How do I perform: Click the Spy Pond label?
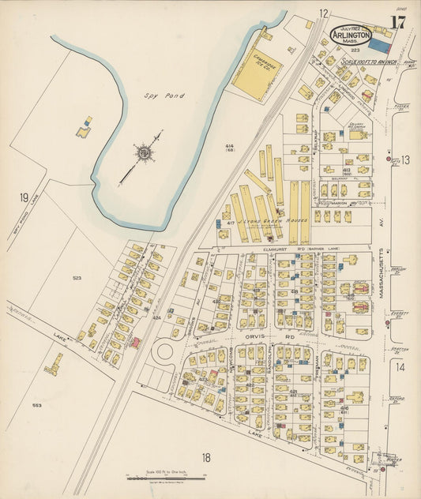click(164, 96)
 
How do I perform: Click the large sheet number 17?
click(397, 22)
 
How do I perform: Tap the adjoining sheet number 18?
click(206, 457)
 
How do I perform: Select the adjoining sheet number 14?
click(400, 366)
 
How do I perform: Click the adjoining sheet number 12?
click(323, 13)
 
